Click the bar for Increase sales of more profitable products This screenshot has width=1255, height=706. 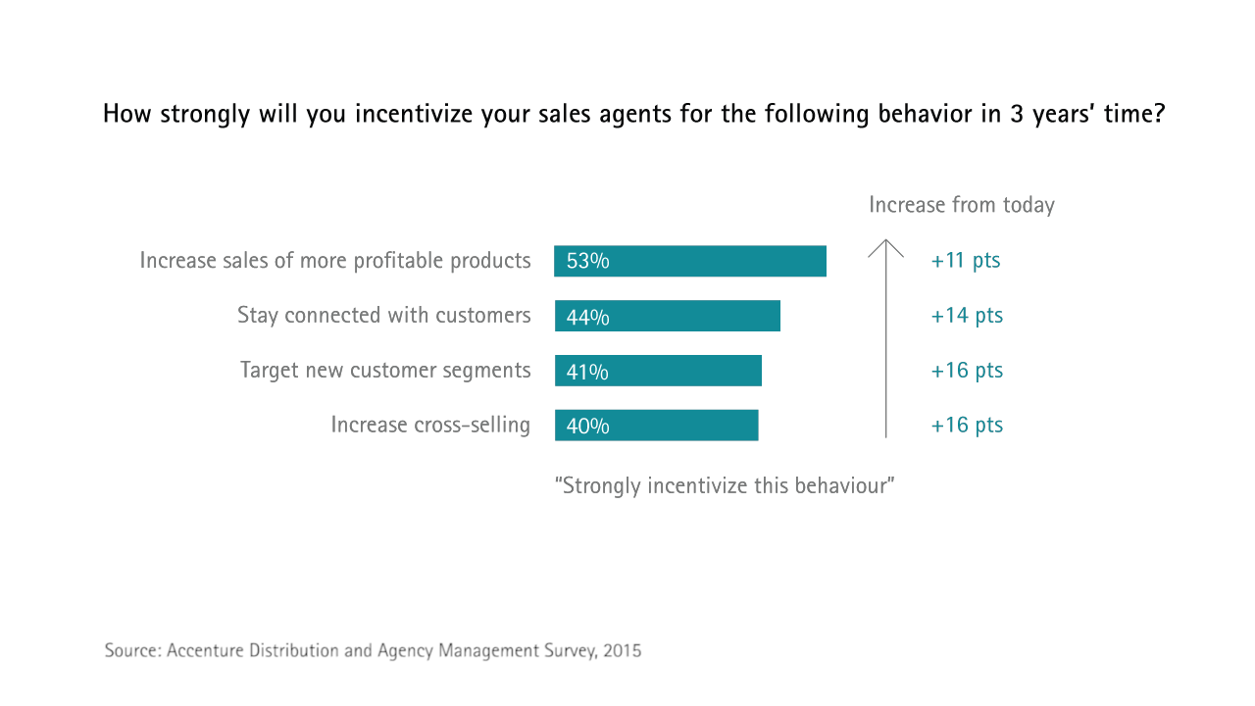click(690, 261)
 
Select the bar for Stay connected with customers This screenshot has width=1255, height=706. click(668, 316)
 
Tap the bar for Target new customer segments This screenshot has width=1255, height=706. click(658, 371)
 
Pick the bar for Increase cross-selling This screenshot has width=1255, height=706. click(656, 426)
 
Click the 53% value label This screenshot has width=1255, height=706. click(587, 262)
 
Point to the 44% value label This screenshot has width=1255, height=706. click(587, 317)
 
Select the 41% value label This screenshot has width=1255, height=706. click(587, 372)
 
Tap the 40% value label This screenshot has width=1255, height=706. click(587, 427)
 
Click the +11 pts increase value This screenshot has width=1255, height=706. click(966, 261)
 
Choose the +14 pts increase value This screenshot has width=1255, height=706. click(967, 316)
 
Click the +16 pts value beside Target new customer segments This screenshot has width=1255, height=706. click(967, 371)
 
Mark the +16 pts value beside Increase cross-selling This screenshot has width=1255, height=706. click(967, 426)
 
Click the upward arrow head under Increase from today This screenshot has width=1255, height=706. click(885, 246)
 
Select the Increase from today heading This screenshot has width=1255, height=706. click(962, 205)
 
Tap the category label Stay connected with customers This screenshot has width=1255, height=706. click(383, 316)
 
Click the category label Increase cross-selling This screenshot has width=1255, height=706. click(430, 426)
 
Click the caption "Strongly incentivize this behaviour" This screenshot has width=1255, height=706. click(725, 485)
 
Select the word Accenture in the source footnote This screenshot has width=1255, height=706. click(207, 650)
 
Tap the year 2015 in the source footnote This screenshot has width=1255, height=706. click(623, 650)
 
